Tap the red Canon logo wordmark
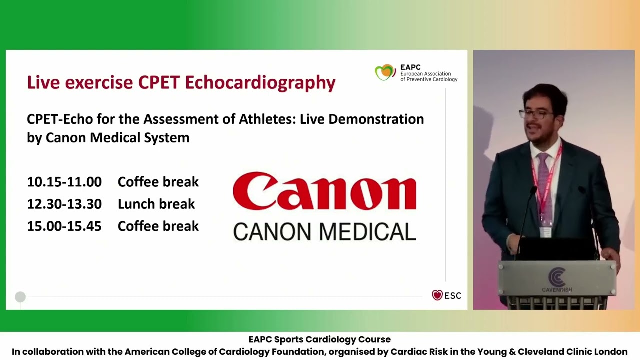coord(324,192)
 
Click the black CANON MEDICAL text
coord(324,232)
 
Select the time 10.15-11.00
coord(64,182)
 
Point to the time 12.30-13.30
coord(64,204)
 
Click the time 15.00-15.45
coord(64,226)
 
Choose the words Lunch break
coord(156,204)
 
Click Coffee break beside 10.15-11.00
coord(158,182)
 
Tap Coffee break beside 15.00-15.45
coord(158,226)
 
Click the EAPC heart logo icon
coord(385,73)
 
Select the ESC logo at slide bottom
coord(446,295)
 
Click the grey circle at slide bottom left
coord(20,297)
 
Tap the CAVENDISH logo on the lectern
coord(557,280)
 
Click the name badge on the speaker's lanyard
coord(546,232)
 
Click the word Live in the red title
coord(44,83)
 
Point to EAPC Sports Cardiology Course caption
coord(320,340)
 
